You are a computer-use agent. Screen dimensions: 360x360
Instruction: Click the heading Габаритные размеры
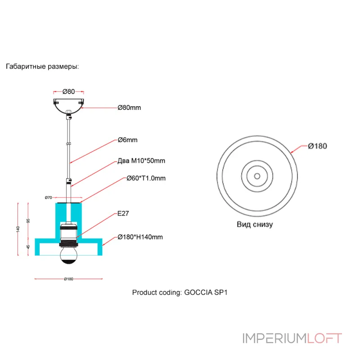pos(42,67)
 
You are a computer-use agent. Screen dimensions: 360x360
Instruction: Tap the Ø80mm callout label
pos(130,108)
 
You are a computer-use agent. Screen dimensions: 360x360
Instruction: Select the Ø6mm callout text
pos(127,140)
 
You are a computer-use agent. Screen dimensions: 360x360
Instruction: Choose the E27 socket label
pos(123,214)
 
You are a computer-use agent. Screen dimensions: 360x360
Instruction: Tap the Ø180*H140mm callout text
pos(140,237)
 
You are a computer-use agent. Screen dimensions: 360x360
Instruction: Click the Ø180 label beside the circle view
pos(317,146)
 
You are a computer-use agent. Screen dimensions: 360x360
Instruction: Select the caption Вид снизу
pos(255,224)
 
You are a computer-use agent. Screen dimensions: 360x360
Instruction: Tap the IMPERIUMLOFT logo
pos(292,338)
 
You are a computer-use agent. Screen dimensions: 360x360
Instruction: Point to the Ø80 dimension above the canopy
pos(68,91)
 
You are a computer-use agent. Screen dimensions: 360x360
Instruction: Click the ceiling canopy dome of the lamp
pos(68,104)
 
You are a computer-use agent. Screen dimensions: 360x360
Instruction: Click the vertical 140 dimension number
pos(18,229)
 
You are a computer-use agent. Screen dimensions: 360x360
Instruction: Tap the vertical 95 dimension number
pos(28,221)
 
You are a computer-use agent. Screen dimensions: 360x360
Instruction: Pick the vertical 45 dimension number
pos(28,247)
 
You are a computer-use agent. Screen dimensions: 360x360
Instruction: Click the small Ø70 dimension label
pos(49,198)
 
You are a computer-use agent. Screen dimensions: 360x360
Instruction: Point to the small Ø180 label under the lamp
pos(68,279)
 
